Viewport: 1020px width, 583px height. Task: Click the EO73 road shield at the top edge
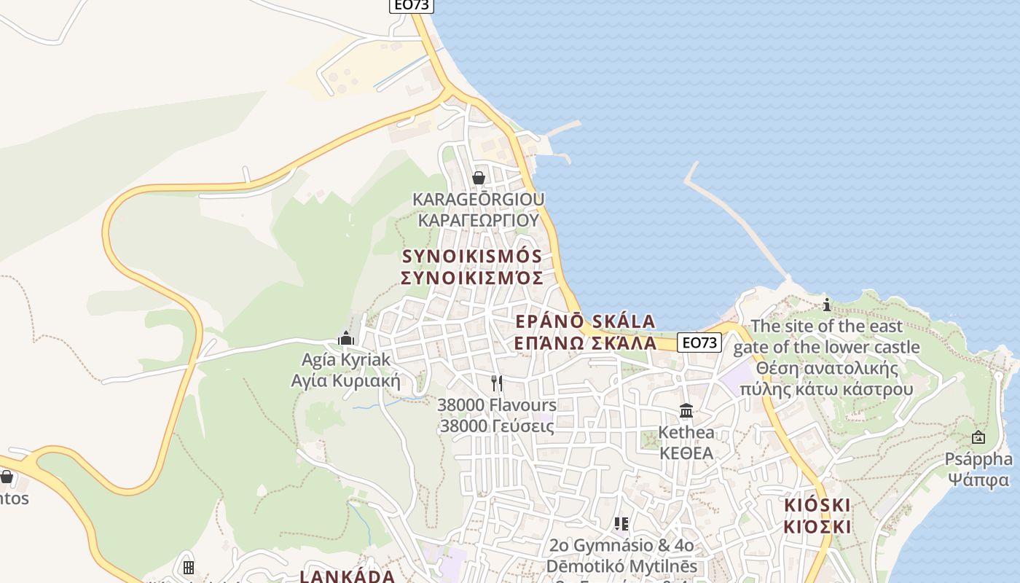point(412,5)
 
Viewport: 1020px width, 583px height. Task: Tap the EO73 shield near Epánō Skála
point(699,343)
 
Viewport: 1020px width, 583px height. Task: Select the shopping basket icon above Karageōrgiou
point(479,178)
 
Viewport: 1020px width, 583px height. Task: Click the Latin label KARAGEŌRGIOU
point(478,199)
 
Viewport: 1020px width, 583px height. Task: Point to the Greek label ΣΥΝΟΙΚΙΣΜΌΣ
point(472,278)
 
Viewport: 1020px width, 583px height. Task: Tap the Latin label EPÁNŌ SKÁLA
point(585,321)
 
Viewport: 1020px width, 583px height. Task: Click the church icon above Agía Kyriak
point(346,338)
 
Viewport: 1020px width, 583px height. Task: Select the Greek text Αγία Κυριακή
point(346,380)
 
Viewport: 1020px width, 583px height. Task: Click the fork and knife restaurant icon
point(497,383)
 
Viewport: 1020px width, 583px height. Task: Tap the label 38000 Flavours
point(497,404)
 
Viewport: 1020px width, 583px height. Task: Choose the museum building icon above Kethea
point(686,411)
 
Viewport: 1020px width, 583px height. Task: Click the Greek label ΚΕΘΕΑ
point(686,453)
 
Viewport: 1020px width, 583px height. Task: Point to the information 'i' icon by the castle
point(826,305)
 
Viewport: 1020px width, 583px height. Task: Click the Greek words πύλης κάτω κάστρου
point(826,388)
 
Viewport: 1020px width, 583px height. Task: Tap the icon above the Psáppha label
point(978,437)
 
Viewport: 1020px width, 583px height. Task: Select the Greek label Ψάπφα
point(978,480)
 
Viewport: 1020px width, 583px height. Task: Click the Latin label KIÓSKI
point(817,505)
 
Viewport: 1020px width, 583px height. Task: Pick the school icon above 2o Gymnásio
point(621,524)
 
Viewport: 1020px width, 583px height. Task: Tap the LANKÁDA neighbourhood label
point(348,576)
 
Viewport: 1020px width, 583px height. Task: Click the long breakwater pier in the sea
point(736,219)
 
